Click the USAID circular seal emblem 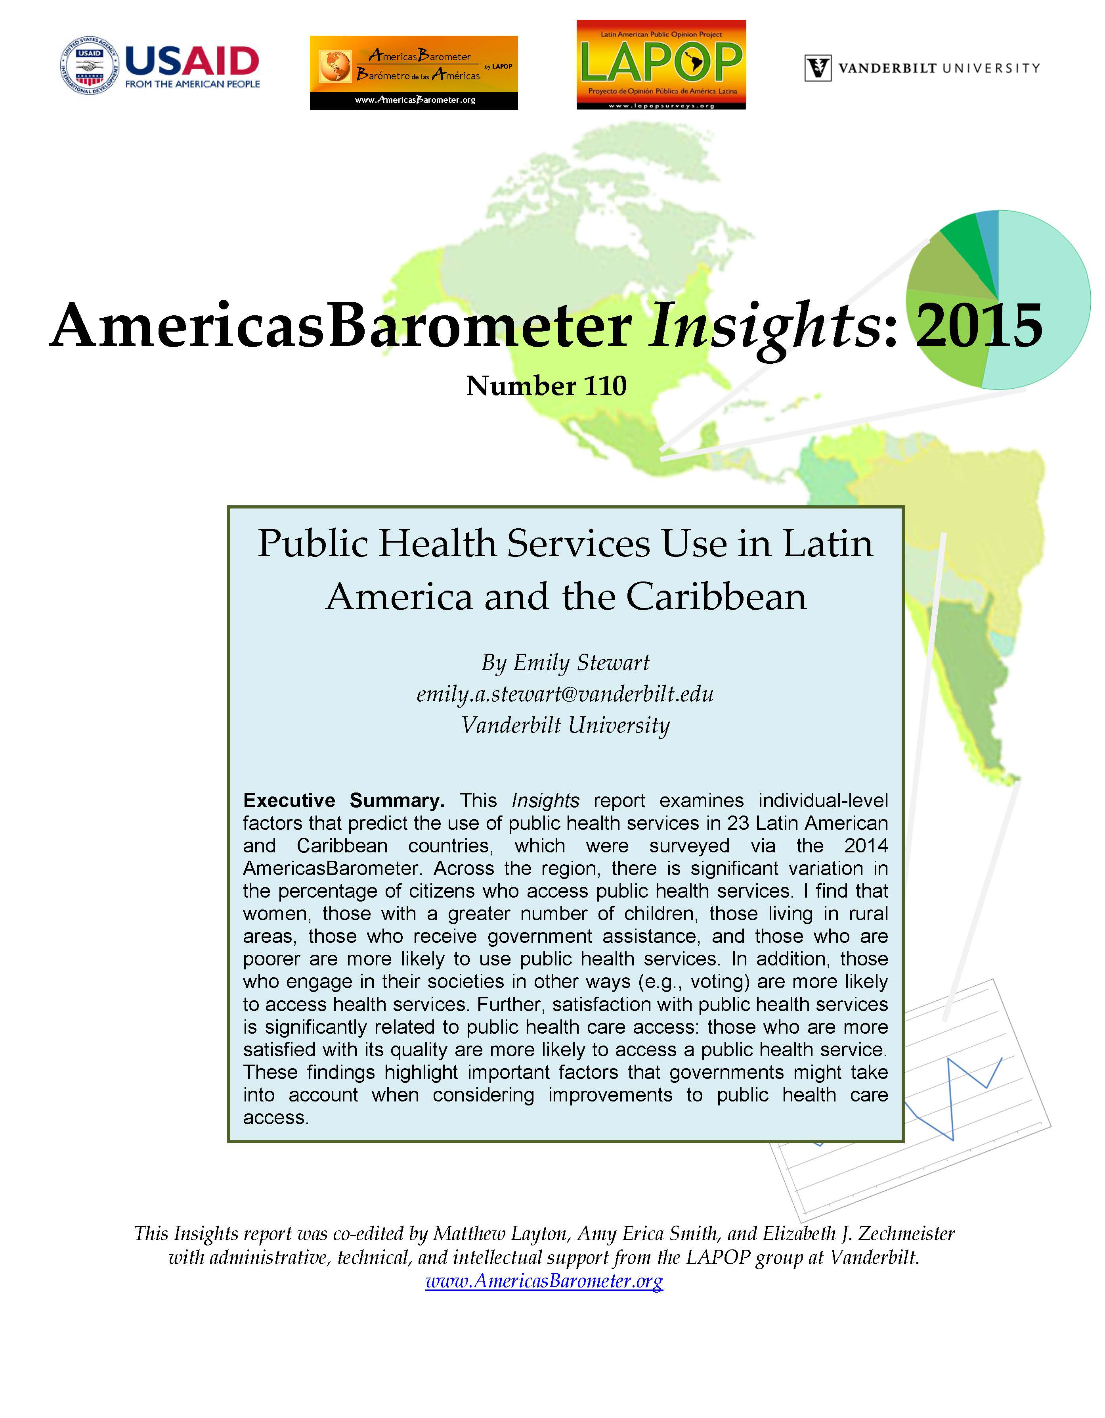[x=90, y=65]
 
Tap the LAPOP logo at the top [x=661, y=64]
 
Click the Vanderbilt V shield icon [x=818, y=67]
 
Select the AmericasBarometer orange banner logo [x=413, y=72]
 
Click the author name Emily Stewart [x=581, y=662]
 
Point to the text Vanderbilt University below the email [x=564, y=725]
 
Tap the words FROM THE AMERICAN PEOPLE [x=192, y=84]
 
